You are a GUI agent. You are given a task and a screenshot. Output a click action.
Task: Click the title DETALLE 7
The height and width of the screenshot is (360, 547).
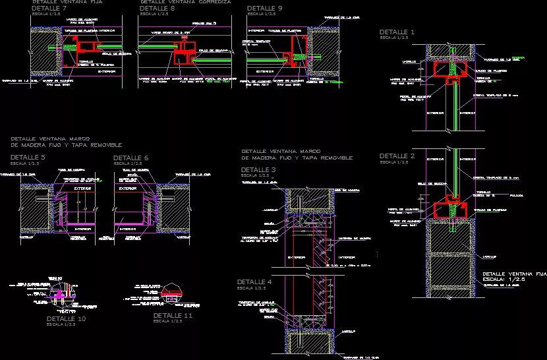pyautogui.click(x=49, y=8)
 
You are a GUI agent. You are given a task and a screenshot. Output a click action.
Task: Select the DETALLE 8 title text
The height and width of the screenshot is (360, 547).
pyautogui.click(x=158, y=8)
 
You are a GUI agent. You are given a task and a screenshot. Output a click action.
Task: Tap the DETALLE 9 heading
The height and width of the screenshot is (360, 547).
pyautogui.click(x=265, y=8)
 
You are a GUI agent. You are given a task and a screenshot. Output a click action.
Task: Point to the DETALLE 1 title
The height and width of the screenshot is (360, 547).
pyautogui.click(x=397, y=32)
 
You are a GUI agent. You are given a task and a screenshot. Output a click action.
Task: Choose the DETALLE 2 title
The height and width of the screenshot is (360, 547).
pyautogui.click(x=397, y=156)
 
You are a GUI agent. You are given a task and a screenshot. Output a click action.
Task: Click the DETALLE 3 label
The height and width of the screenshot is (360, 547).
pyautogui.click(x=258, y=170)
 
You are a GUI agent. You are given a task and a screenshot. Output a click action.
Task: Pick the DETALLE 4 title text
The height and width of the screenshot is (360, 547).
pyautogui.click(x=254, y=282)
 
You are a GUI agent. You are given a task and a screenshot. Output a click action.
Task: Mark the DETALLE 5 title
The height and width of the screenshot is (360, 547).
pyautogui.click(x=28, y=158)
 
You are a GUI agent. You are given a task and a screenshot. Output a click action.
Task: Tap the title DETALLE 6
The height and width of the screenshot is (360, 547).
pyautogui.click(x=130, y=158)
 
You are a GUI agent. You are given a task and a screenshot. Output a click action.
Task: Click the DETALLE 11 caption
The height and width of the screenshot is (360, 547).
pyautogui.click(x=173, y=316)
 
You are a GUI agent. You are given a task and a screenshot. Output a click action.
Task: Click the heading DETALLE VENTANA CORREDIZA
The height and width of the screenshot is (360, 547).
pyautogui.click(x=186, y=2)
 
